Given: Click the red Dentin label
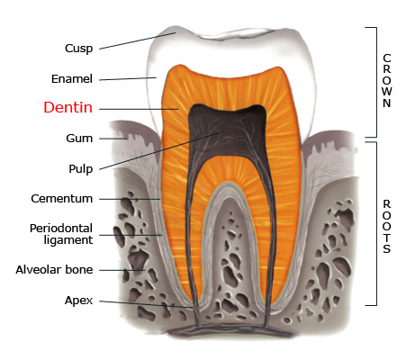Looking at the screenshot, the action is (68, 107).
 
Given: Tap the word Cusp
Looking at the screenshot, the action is (78, 49).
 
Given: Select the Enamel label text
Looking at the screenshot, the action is (72, 79).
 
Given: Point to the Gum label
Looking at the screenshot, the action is (79, 139).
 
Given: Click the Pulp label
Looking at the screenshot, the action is (81, 169).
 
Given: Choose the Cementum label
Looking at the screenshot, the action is (62, 199).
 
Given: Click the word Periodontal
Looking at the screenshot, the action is (61, 229).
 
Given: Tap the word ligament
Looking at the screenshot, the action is (68, 240).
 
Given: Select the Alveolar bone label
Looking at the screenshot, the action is (54, 270).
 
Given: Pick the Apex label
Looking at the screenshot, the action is (78, 301).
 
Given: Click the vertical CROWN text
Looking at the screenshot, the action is (387, 80).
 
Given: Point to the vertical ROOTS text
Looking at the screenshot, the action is (387, 227).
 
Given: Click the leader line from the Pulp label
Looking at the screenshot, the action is (161, 150).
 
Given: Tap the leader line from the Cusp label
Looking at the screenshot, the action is (137, 40).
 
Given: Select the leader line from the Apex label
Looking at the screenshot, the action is (146, 304).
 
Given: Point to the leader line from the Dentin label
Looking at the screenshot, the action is (139, 109).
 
